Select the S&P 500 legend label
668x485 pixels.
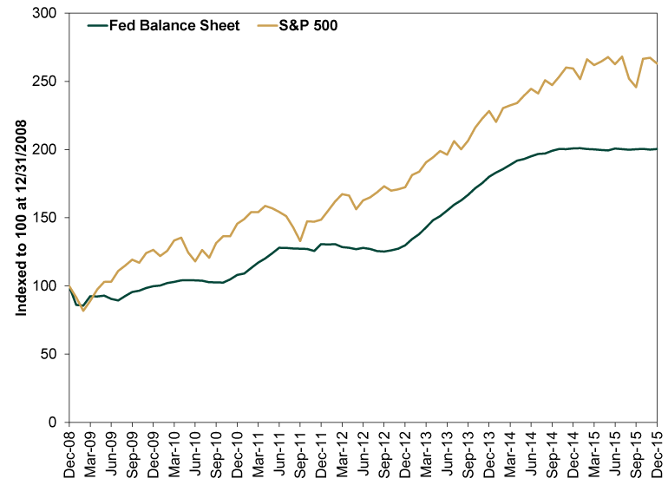pyautogui.click(x=305, y=25)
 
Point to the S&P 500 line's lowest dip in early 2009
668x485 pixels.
pyautogui.click(x=83, y=311)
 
